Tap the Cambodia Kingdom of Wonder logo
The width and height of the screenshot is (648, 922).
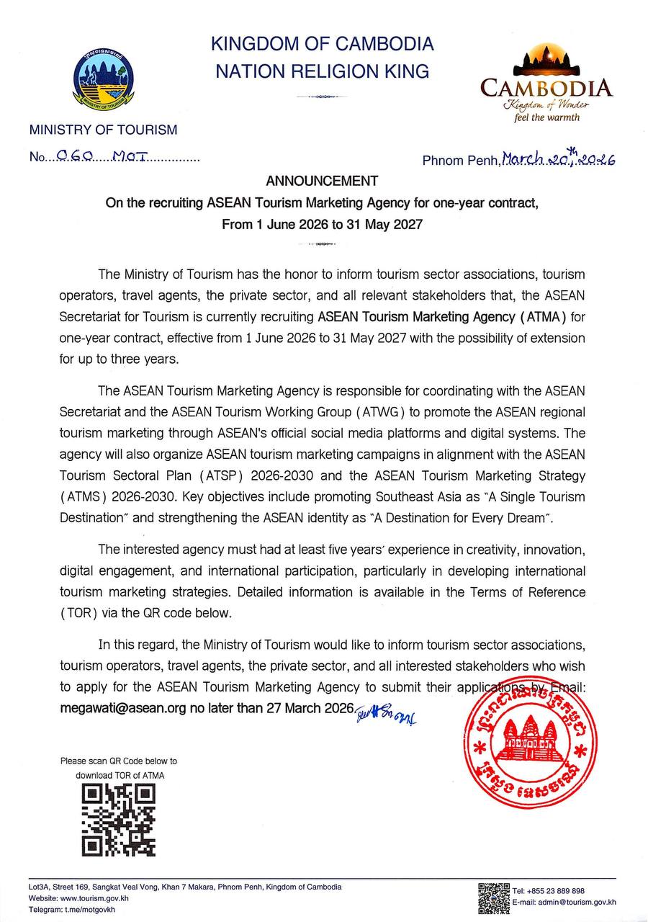pyautogui.click(x=546, y=84)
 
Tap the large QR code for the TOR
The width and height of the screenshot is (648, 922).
pyautogui.click(x=119, y=820)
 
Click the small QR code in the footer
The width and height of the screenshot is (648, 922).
pyautogui.click(x=494, y=898)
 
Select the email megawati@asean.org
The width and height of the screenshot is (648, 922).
pyautogui.click(x=123, y=708)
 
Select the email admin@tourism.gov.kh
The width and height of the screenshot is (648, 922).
pyautogui.click(x=576, y=902)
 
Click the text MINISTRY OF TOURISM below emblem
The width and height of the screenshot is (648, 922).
pyautogui.click(x=103, y=130)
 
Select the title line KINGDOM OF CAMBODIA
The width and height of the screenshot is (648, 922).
pyautogui.click(x=322, y=44)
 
